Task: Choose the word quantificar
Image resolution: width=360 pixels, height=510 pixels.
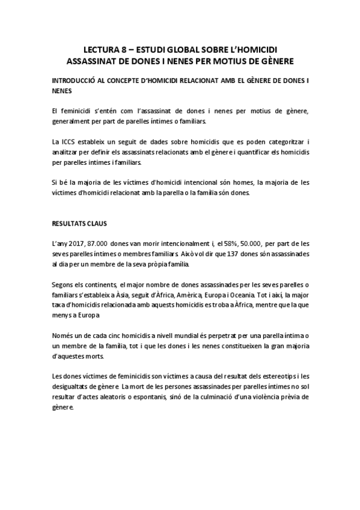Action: pos(245,152)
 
